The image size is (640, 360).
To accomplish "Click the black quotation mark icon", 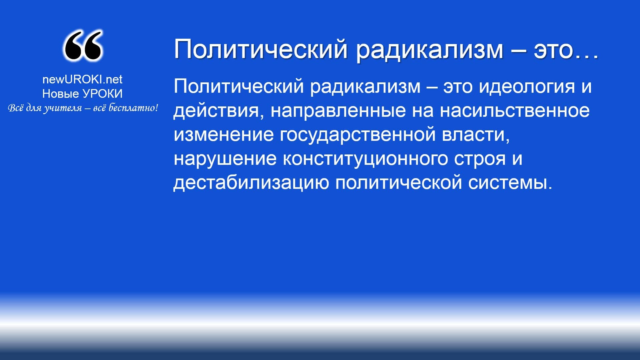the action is point(82,46).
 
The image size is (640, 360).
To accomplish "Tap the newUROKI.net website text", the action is point(82,79).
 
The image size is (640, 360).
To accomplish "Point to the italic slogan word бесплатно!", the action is point(133,108).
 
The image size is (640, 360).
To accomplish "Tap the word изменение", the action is point(223,135).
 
